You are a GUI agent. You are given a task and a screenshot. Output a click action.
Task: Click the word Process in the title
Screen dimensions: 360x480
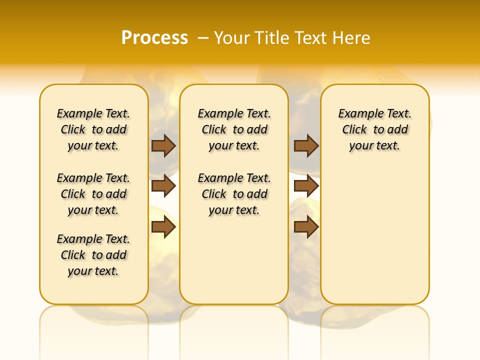[x=154, y=38]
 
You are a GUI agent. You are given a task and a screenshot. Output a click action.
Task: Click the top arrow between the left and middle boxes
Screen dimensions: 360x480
[x=163, y=146]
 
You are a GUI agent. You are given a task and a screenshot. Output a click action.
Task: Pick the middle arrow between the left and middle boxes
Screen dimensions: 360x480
[x=163, y=186]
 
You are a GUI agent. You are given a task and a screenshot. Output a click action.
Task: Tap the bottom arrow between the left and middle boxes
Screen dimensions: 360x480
[x=163, y=227]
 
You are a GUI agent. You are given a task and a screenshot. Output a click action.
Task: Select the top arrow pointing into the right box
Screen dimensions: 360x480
[x=306, y=146]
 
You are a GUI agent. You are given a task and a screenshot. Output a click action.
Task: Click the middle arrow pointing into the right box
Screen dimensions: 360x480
[x=306, y=186]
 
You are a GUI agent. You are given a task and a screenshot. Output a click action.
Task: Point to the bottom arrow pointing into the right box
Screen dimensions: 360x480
[x=306, y=227]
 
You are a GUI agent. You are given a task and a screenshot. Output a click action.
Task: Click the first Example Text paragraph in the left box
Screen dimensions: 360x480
[x=93, y=129]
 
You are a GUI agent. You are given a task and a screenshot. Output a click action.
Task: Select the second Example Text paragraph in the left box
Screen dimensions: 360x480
[x=93, y=194]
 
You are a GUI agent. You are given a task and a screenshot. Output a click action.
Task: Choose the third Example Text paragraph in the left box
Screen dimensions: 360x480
[x=93, y=255]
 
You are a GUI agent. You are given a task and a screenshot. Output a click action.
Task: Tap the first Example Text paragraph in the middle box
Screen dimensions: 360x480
[x=234, y=129]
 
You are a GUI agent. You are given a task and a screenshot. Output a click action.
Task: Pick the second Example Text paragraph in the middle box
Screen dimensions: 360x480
[x=234, y=194]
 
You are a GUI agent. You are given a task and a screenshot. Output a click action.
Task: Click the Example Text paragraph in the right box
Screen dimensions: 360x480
[x=374, y=129]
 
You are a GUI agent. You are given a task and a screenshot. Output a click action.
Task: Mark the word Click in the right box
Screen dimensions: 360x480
[x=354, y=130]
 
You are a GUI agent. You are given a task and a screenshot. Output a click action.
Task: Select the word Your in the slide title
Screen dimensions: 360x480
[x=232, y=38]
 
